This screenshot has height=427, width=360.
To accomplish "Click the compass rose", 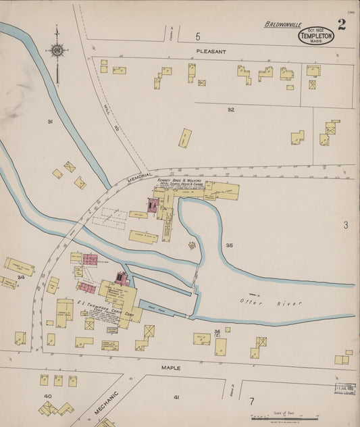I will [x=57, y=50].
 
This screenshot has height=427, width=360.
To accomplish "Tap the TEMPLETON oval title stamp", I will [x=316, y=36].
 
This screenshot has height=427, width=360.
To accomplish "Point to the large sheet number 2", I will [x=342, y=26].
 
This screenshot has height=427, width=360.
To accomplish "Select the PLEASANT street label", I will [x=211, y=51].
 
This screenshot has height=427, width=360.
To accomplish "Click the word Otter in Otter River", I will [x=251, y=300].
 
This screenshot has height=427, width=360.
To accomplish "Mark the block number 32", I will [x=230, y=109].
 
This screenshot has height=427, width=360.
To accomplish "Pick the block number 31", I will [x=49, y=122].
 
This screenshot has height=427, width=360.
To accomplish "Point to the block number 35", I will [x=230, y=245].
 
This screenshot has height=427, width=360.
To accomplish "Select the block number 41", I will [x=176, y=397].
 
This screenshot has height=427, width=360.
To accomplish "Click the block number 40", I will [x=47, y=396].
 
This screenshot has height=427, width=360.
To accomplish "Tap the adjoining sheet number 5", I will [x=198, y=36].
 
